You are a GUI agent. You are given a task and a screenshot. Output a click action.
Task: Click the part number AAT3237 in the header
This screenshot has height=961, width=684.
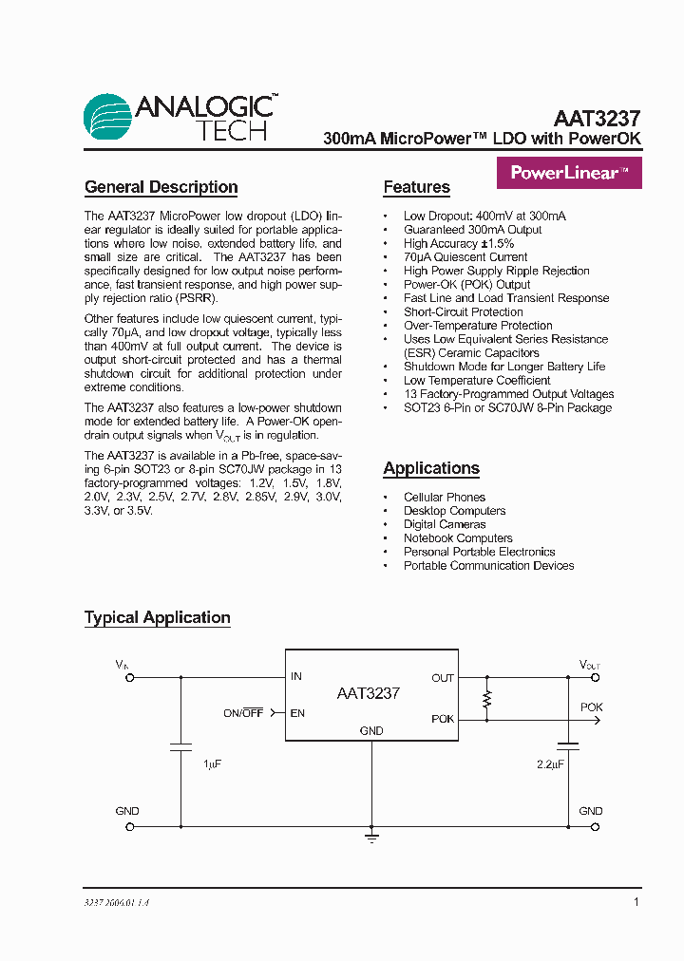[x=597, y=119]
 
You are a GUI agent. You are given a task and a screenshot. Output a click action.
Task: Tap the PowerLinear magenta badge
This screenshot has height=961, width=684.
[x=569, y=173]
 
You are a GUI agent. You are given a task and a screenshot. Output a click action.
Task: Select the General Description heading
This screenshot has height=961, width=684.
[x=161, y=187]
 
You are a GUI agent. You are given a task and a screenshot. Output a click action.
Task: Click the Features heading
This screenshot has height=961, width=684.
[x=416, y=187]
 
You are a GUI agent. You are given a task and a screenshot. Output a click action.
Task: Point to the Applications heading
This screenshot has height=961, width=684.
[x=430, y=468]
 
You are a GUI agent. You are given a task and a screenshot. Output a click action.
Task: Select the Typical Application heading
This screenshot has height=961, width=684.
[x=157, y=617]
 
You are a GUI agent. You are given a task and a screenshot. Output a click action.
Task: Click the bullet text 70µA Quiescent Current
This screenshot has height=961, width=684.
[x=465, y=256]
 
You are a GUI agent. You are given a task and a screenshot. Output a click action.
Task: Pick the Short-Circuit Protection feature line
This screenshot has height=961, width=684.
[x=463, y=311]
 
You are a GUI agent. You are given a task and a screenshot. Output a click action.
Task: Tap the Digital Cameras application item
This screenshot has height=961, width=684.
[x=444, y=524]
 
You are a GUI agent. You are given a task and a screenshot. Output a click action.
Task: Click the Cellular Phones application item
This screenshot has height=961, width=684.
[x=444, y=497]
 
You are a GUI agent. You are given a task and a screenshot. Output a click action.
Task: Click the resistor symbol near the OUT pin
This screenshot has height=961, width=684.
[x=487, y=700]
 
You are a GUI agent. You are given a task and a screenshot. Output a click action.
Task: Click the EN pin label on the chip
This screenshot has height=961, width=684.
[x=297, y=712]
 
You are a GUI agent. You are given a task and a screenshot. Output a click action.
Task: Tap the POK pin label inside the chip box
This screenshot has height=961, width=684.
[x=443, y=719]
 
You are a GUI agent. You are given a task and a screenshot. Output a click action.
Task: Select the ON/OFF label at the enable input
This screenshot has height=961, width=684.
[x=243, y=712]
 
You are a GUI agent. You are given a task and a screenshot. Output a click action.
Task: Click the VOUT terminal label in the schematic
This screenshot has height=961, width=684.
[x=590, y=665]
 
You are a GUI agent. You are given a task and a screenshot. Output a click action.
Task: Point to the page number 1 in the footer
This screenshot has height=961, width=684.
[x=636, y=902]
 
